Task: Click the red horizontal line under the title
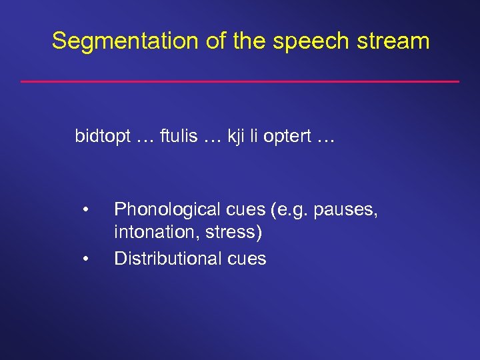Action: (240, 81)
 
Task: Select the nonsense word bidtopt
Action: (102, 137)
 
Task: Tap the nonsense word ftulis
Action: (178, 137)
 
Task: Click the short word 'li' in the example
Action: (255, 137)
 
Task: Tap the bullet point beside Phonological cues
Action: (85, 211)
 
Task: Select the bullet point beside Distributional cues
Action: (85, 259)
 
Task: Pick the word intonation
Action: (148, 234)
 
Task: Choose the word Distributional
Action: (165, 259)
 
